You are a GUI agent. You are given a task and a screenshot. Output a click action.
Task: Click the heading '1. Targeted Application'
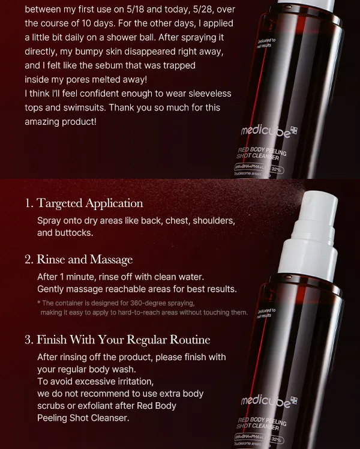click(x=84, y=203)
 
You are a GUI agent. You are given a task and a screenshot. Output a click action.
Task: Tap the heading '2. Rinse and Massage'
click(x=79, y=259)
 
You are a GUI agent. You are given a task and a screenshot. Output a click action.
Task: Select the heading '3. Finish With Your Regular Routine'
click(x=117, y=339)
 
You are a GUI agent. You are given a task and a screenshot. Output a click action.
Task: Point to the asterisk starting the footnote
click(x=38, y=303)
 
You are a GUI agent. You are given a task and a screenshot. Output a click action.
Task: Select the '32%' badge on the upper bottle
click(x=277, y=170)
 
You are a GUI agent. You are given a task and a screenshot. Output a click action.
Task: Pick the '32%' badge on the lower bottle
click(x=277, y=439)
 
